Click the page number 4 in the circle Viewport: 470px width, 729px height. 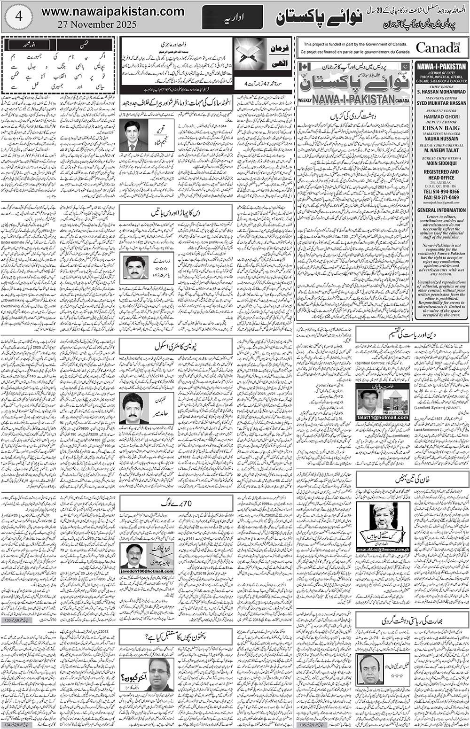click(x=17, y=16)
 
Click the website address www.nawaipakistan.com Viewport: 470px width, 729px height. click(x=113, y=11)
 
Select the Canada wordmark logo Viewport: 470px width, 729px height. click(x=437, y=48)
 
